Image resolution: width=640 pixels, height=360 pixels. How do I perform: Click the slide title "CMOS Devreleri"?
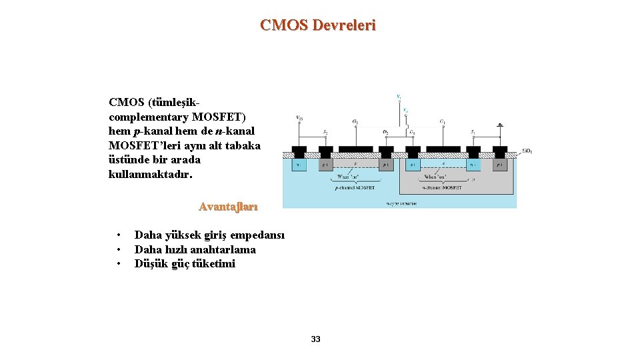coord(318,25)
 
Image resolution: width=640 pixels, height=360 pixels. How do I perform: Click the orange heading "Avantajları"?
coord(228,207)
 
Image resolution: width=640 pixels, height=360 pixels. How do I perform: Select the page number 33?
coord(316,339)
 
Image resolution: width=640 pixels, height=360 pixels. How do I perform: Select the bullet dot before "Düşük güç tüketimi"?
coord(118,264)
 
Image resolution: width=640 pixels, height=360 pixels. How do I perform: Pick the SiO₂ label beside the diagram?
coord(526,151)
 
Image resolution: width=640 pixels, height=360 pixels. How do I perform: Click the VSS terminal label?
coord(299,118)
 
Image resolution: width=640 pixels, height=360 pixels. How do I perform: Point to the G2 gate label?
coord(355,122)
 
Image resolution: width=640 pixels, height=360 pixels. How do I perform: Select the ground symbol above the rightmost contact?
coord(500,125)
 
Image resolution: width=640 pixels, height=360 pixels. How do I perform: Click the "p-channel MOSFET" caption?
coord(355,188)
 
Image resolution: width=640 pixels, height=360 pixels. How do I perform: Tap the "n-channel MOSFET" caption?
coord(439,188)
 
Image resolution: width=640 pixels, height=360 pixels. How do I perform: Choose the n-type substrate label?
coord(401,203)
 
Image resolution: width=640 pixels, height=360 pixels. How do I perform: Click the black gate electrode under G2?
coord(355,149)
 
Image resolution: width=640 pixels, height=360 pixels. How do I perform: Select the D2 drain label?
coord(385,132)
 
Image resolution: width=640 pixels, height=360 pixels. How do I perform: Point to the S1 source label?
coord(472,132)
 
